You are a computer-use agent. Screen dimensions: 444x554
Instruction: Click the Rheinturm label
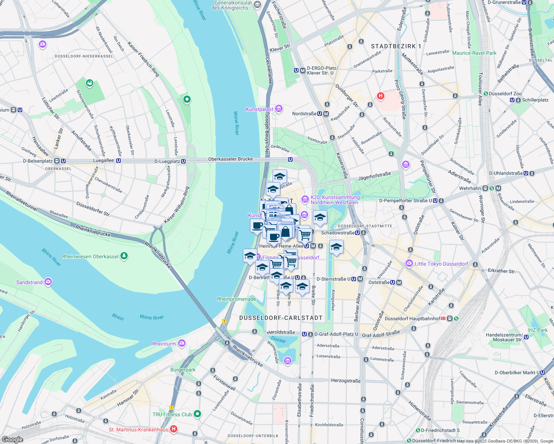[164, 344]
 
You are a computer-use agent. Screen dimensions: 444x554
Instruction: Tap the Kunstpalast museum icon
[279, 109]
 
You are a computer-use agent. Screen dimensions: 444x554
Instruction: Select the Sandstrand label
[29, 282]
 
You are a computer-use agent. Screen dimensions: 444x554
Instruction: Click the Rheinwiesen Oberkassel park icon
[124, 256]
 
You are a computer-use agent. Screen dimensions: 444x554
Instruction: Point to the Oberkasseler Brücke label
[230, 159]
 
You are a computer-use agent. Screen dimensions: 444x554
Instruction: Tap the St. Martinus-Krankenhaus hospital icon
[174, 429]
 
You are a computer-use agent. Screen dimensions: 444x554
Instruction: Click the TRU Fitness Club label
[172, 414]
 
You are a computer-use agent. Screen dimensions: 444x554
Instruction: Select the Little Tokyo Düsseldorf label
[441, 264]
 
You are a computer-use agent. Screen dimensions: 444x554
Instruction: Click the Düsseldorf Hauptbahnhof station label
[413, 319]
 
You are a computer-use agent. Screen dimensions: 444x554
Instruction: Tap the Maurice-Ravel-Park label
[474, 53]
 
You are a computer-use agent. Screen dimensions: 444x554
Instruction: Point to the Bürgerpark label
[183, 370]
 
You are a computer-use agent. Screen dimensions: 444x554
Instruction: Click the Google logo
[12, 439]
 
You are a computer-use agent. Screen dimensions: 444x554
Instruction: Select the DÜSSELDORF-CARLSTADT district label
[281, 318]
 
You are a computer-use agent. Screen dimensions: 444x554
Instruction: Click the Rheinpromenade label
[236, 299]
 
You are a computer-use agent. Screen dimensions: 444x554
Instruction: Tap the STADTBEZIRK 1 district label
[396, 46]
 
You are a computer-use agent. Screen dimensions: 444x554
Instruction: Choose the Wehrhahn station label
[470, 188]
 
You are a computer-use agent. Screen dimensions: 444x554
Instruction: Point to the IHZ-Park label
[537, 330]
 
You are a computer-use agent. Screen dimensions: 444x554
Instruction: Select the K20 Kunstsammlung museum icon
[305, 199]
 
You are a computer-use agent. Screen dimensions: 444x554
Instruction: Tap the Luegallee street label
[103, 161]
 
